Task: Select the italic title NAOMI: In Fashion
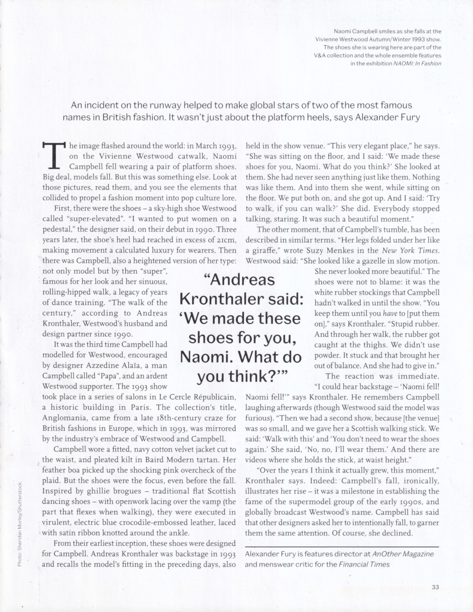[417, 63]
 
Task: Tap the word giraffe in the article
[264, 251]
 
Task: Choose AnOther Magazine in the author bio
[403, 554]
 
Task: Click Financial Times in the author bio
[364, 564]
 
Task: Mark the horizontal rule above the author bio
[342, 546]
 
